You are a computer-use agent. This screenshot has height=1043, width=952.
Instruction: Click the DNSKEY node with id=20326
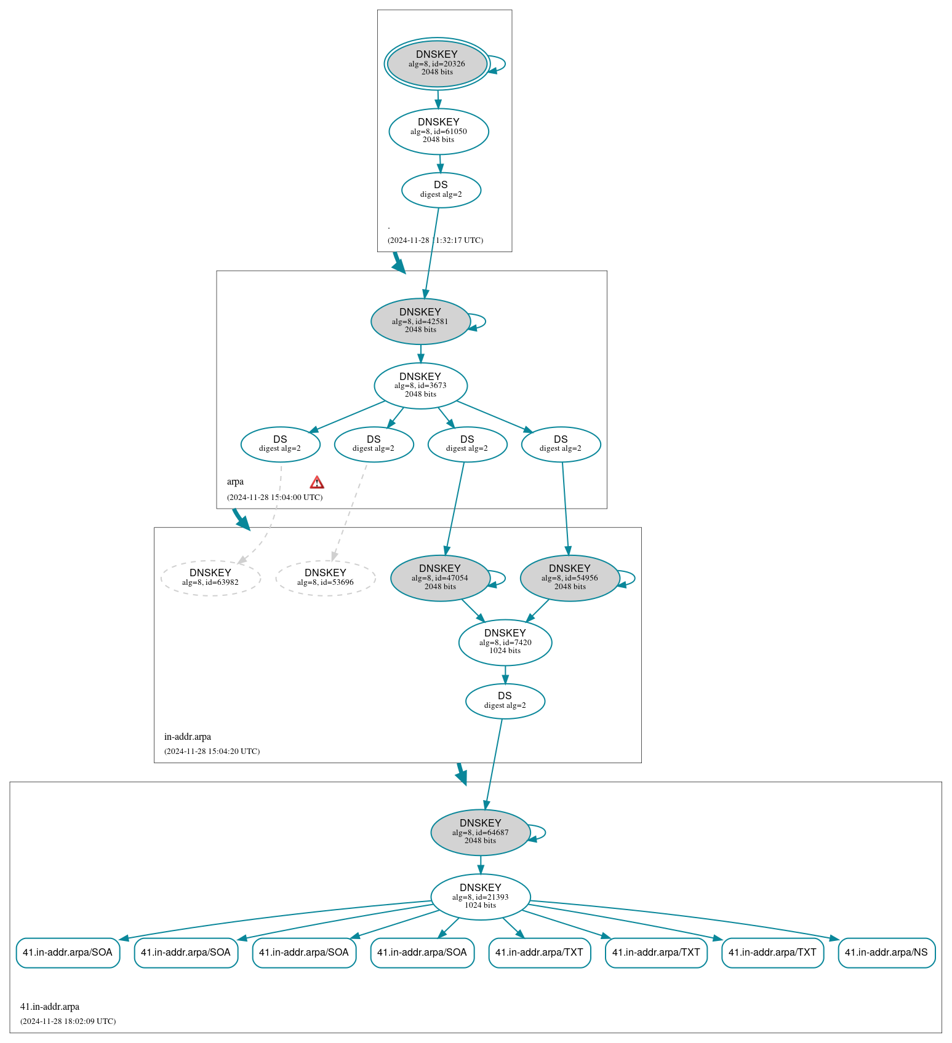point(437,63)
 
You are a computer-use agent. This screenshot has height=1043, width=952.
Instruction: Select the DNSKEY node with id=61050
point(438,131)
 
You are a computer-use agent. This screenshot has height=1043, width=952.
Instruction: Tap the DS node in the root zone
point(441,189)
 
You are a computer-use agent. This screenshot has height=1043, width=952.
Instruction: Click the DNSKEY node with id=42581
point(420,321)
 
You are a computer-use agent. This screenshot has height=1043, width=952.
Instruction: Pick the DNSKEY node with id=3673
point(420,386)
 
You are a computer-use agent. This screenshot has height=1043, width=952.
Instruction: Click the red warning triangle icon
point(317,482)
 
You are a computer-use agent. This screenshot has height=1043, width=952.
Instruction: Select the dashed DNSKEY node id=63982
point(210,577)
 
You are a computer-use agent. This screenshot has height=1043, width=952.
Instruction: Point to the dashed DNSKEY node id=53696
point(325,577)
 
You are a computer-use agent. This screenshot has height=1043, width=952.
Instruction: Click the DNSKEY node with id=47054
point(439,577)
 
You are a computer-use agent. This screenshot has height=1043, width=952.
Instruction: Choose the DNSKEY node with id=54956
point(569,577)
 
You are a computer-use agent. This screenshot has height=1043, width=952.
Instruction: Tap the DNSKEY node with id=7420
point(505,642)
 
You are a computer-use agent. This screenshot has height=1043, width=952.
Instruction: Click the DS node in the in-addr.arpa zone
point(505,700)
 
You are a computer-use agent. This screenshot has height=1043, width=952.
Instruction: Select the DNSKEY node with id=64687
point(480,832)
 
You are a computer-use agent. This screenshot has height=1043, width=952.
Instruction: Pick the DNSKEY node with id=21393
point(480,897)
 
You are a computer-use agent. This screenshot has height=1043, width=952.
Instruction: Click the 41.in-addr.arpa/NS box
point(886,953)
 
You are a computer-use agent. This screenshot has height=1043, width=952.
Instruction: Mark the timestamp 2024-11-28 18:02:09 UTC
point(68,1021)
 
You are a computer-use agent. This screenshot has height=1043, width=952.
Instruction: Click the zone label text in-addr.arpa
point(187,737)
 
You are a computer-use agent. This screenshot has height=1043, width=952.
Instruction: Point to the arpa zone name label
point(235,482)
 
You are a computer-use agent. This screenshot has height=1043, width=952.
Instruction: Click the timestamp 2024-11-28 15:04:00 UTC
point(274,497)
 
